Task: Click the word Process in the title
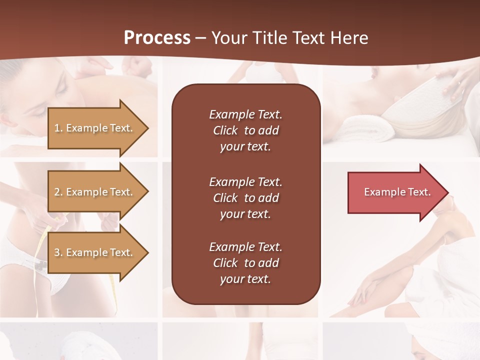(x=157, y=38)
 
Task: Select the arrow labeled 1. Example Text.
(x=95, y=128)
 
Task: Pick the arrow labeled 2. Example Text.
(x=95, y=192)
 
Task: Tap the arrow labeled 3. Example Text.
(x=95, y=252)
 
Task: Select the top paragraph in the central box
(x=245, y=130)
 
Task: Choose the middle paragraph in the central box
(x=245, y=198)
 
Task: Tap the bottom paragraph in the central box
(x=245, y=263)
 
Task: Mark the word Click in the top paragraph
(x=225, y=130)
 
